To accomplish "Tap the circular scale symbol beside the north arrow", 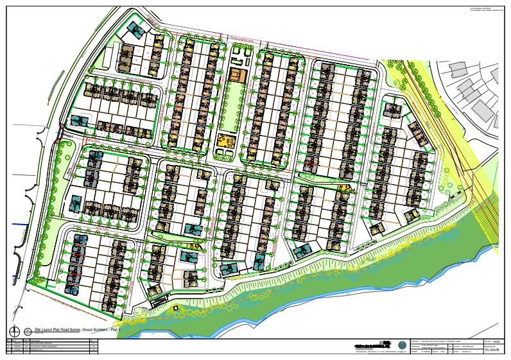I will (28, 331).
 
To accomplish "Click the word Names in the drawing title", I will (72, 329).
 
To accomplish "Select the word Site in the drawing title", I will (38, 329).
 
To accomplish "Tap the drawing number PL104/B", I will (492, 350).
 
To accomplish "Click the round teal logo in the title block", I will (403, 345).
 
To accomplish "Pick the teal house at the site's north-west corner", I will (135, 29).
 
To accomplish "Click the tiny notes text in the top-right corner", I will (488, 9).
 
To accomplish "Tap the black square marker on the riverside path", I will (178, 307).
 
